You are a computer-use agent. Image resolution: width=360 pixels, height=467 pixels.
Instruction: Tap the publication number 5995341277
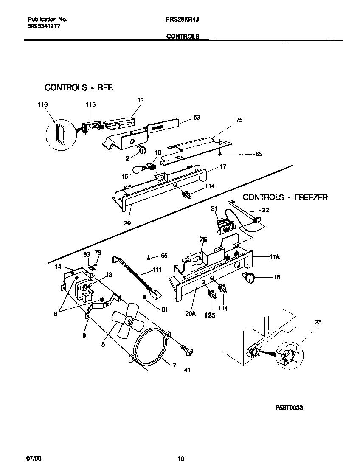pos(43,26)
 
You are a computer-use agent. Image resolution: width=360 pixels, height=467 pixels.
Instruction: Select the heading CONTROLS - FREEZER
pos(285,197)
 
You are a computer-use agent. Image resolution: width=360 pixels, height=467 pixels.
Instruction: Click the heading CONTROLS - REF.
pos(79,88)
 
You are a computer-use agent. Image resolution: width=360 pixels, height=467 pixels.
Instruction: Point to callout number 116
pos(42,105)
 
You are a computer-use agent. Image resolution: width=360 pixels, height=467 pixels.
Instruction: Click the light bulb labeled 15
pos(138,170)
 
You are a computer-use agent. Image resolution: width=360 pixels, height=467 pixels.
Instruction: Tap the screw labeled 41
pos(187,351)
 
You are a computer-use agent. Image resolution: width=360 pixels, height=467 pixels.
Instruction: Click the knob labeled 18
pos(249,278)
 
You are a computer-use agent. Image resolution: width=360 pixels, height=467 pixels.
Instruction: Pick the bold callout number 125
pos(210,315)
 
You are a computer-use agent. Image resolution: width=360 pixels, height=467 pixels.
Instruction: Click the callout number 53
pos(196,117)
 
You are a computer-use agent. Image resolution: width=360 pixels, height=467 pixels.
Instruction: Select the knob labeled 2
pos(142,149)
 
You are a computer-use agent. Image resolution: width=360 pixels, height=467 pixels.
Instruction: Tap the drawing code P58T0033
pos(289,408)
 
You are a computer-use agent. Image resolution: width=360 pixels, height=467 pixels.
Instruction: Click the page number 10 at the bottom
pos(181,459)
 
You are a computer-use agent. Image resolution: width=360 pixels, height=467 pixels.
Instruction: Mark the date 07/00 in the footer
pos(34,459)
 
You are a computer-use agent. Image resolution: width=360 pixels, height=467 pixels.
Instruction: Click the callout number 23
pos(318,322)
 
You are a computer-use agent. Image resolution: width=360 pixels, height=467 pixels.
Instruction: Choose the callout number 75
pos(239,120)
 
